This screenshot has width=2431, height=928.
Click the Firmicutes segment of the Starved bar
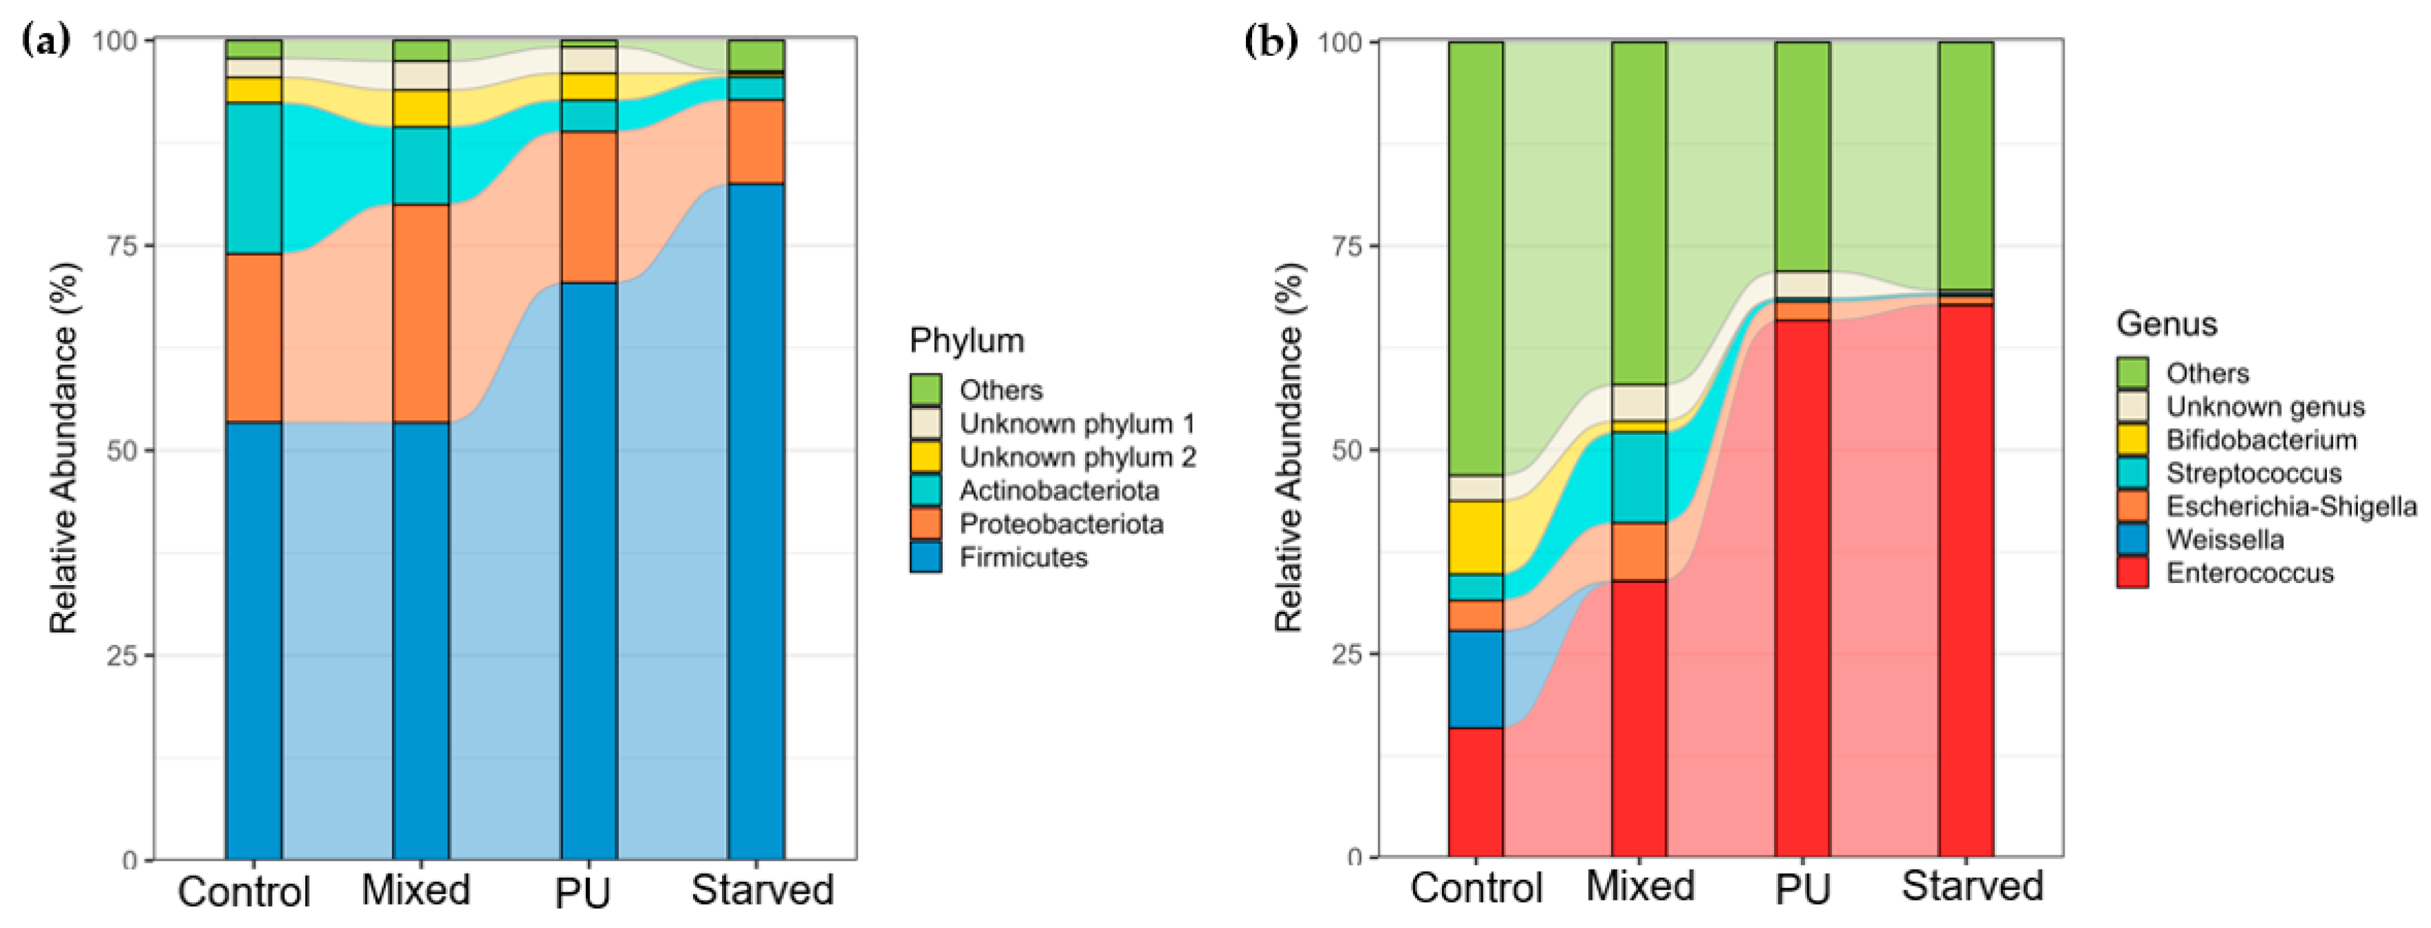[x=756, y=521]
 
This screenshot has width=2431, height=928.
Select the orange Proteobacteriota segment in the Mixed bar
[x=421, y=313]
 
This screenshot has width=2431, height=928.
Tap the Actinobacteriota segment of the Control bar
[x=254, y=178]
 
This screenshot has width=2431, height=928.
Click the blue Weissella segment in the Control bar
[x=1476, y=680]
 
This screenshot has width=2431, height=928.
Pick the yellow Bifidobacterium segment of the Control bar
[x=1476, y=538]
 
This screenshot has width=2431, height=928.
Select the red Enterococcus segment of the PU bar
[x=1802, y=589]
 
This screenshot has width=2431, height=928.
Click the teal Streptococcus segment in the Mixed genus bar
[x=1639, y=478]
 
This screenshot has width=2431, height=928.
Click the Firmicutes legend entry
[x=998, y=557]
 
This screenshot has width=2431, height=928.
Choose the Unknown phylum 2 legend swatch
[x=926, y=457]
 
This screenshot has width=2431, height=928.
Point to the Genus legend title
[x=2167, y=324]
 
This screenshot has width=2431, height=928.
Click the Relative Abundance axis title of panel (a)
[x=64, y=448]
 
